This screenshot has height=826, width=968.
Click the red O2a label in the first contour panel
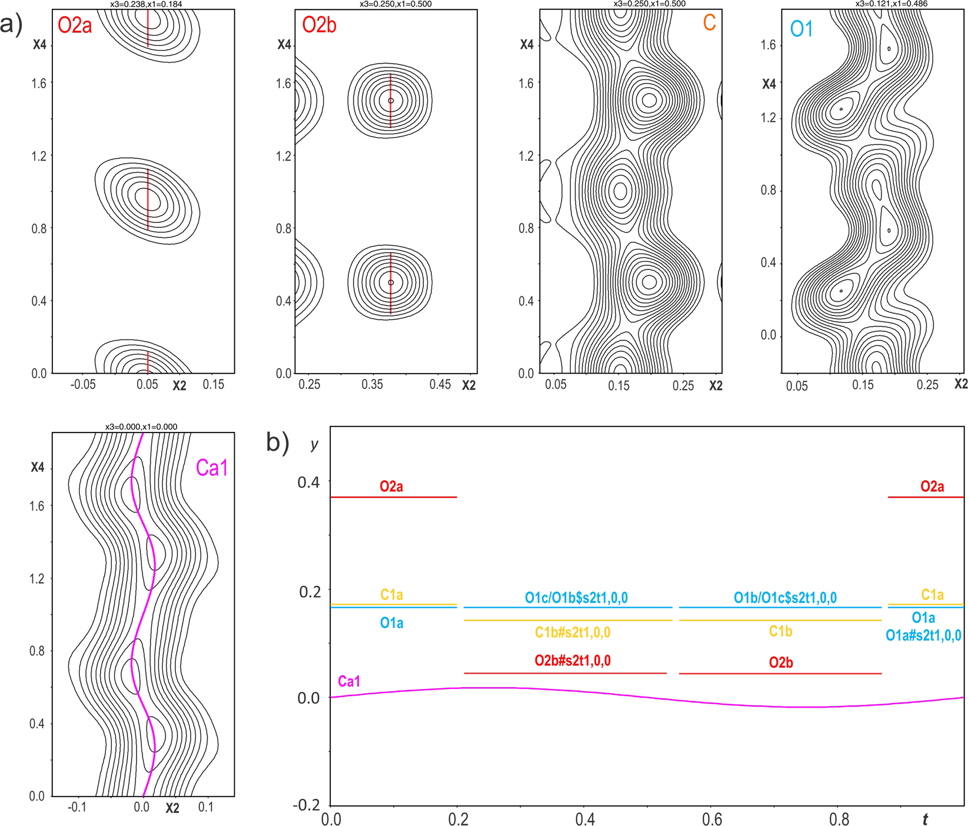(75, 26)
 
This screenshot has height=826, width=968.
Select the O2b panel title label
(319, 25)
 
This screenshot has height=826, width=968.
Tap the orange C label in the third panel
(709, 23)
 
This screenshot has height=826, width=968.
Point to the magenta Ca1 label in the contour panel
(211, 468)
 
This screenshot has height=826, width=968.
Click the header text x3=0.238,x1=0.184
(146, 4)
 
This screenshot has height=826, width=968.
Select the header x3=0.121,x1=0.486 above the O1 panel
(891, 4)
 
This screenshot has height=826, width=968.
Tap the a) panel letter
(12, 25)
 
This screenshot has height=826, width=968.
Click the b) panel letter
(277, 442)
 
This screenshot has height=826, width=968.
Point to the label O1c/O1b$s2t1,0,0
(576, 598)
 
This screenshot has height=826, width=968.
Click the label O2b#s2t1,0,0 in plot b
(572, 661)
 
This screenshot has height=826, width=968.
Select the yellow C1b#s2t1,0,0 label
(572, 632)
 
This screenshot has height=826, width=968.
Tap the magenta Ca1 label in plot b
(349, 681)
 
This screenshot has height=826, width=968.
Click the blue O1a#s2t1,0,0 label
(923, 635)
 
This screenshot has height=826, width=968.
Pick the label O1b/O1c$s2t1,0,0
(785, 598)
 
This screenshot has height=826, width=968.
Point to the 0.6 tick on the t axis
(712, 819)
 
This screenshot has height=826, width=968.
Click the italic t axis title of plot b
(926, 818)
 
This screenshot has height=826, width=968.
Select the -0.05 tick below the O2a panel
(82, 385)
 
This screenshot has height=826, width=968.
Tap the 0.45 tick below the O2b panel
(440, 385)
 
